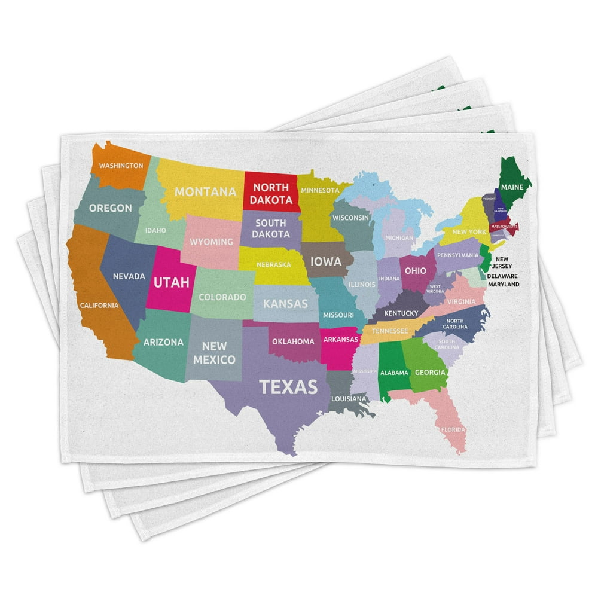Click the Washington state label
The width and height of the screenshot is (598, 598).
coord(121,166)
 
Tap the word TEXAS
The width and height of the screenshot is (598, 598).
coord(288,387)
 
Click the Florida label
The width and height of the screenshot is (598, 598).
coord(453,429)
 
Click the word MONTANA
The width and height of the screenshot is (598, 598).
coord(205,192)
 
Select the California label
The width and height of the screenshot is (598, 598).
coord(99,306)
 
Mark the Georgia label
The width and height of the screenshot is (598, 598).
coord(430,372)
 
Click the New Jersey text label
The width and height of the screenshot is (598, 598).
coord(502,263)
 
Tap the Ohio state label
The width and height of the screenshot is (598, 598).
coord(415,271)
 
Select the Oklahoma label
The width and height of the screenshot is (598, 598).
coord(293,342)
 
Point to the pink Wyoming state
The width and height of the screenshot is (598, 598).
coord(211,242)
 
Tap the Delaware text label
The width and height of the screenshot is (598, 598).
coord(502,276)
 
